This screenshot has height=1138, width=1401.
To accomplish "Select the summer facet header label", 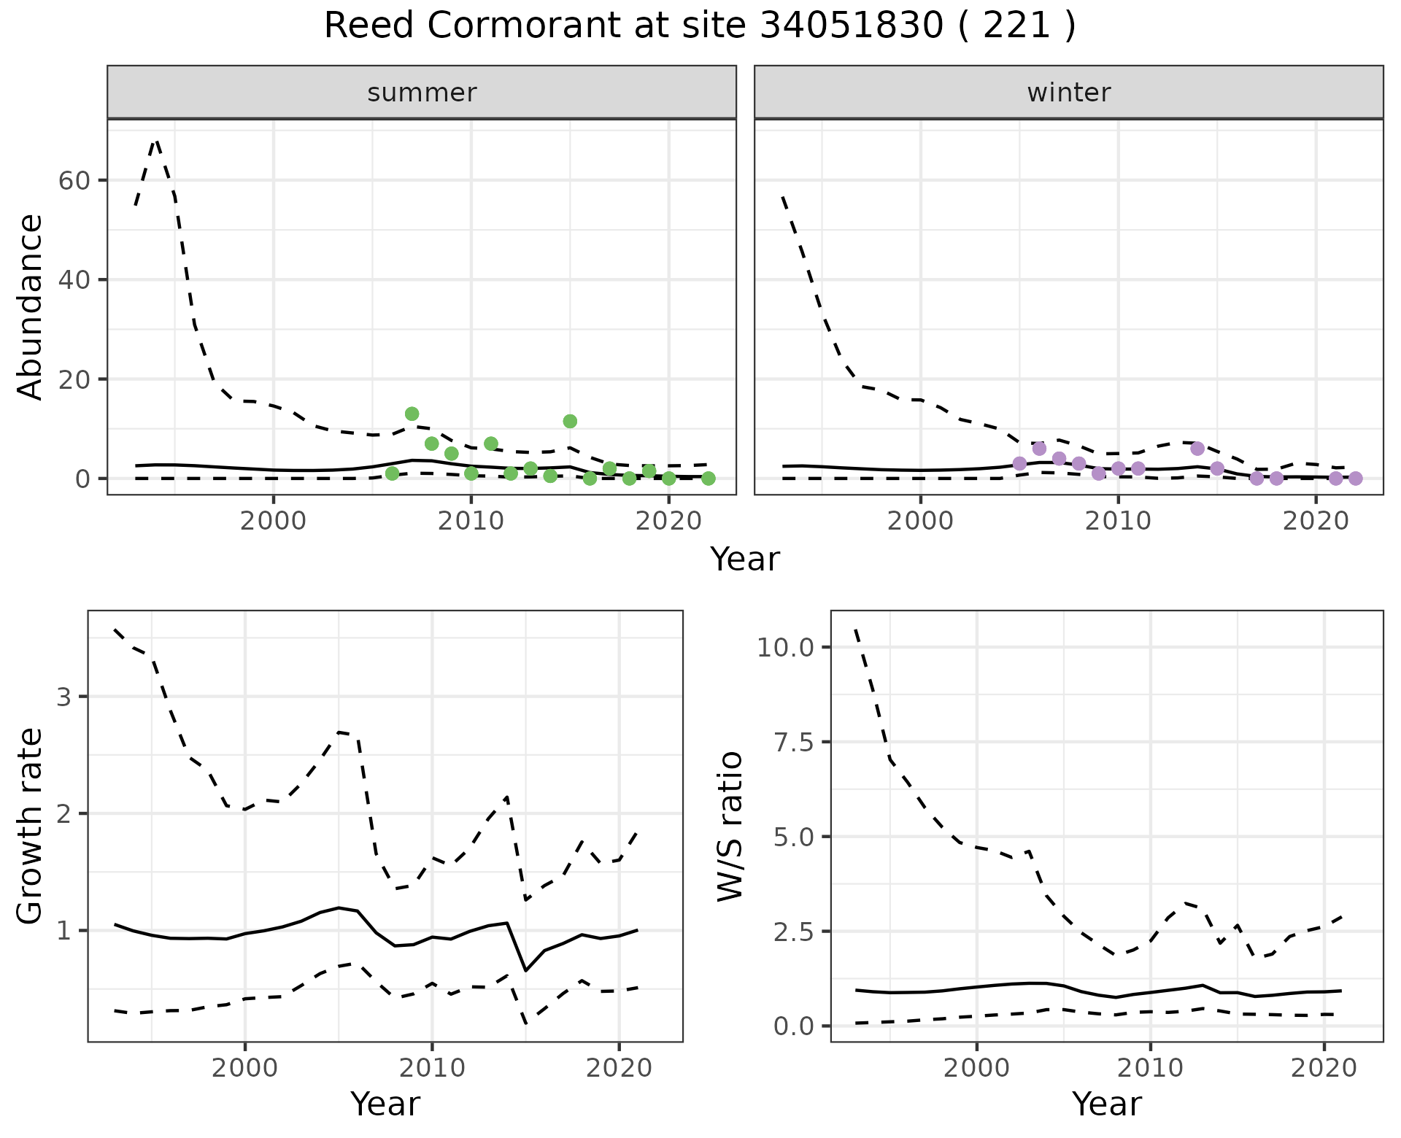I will [x=422, y=93].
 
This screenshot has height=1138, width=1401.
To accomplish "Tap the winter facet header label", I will [x=1068, y=93].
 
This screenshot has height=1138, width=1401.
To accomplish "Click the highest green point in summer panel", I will [x=412, y=414].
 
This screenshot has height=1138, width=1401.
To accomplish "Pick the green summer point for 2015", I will [x=570, y=421].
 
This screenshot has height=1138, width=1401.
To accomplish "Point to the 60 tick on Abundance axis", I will [x=73, y=180].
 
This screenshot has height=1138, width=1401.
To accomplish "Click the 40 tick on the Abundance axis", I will [x=73, y=280].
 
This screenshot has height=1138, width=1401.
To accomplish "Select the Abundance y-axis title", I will [x=31, y=306].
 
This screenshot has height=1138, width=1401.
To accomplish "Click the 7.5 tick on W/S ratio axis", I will [x=792, y=742].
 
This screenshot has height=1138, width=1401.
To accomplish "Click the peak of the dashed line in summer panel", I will [x=155, y=140].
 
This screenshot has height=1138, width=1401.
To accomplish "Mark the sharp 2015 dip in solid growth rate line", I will [x=525, y=970].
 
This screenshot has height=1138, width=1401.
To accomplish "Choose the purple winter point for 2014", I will [x=1197, y=449].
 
